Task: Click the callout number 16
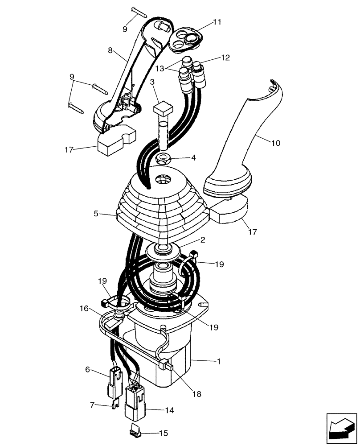[x=84, y=308]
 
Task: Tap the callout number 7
[x=93, y=405]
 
